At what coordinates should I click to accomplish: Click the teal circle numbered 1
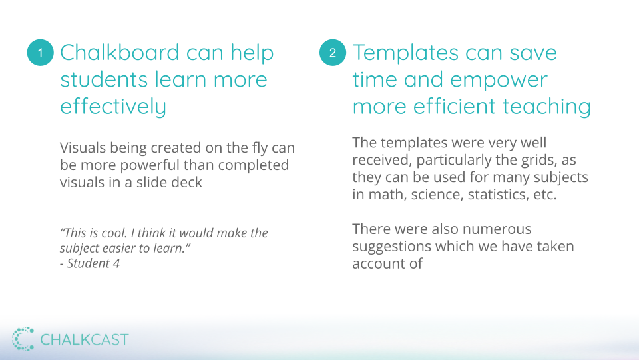[x=41, y=53]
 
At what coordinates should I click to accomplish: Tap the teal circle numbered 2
[x=333, y=53]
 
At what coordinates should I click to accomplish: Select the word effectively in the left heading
[x=113, y=107]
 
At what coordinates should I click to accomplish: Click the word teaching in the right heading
[x=546, y=107]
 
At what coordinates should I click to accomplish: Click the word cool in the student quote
[x=115, y=233]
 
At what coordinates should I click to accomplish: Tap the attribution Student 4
[x=93, y=263]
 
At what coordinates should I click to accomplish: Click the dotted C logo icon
[x=23, y=339]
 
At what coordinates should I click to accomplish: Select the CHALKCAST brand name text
[x=85, y=339]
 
